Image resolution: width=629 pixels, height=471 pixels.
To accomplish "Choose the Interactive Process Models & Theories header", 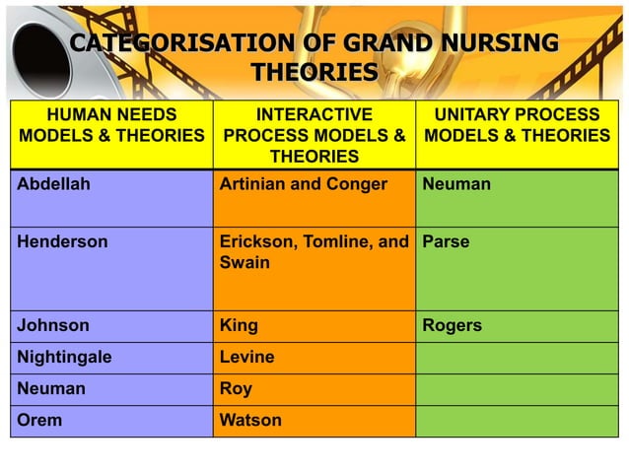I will coord(314,135).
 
